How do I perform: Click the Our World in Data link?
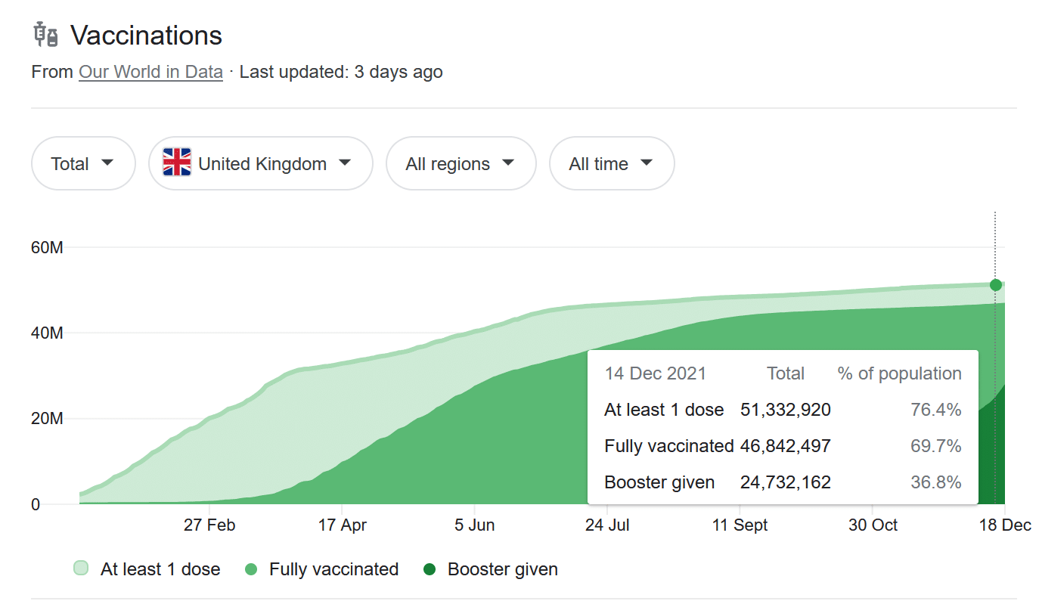click(150, 73)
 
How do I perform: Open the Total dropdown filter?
click(82, 163)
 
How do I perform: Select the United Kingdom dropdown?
click(261, 163)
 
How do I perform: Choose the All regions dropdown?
click(461, 163)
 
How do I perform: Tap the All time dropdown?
click(611, 163)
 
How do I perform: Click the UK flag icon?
click(177, 163)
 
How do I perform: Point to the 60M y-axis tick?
click(47, 247)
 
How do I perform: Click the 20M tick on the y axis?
click(47, 419)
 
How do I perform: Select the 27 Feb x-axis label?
click(209, 525)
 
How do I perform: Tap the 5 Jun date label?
click(475, 525)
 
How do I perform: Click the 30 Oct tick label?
click(873, 525)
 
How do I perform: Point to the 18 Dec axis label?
click(1004, 525)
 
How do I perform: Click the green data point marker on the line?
click(995, 285)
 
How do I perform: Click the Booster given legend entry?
click(502, 569)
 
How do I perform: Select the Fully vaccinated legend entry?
click(333, 569)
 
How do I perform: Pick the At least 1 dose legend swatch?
click(81, 568)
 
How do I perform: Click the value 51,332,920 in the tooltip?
click(786, 410)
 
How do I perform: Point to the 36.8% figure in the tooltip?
click(936, 482)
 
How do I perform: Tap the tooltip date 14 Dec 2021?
click(655, 373)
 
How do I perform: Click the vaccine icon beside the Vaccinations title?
click(46, 35)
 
